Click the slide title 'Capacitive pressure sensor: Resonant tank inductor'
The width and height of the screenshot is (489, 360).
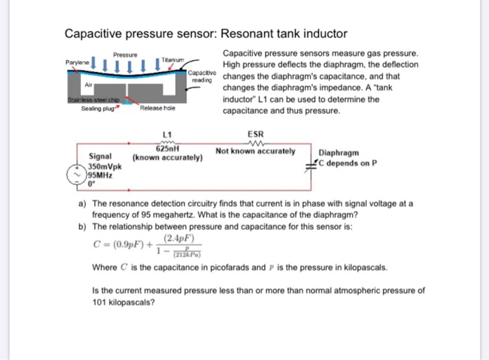[x=205, y=34]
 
